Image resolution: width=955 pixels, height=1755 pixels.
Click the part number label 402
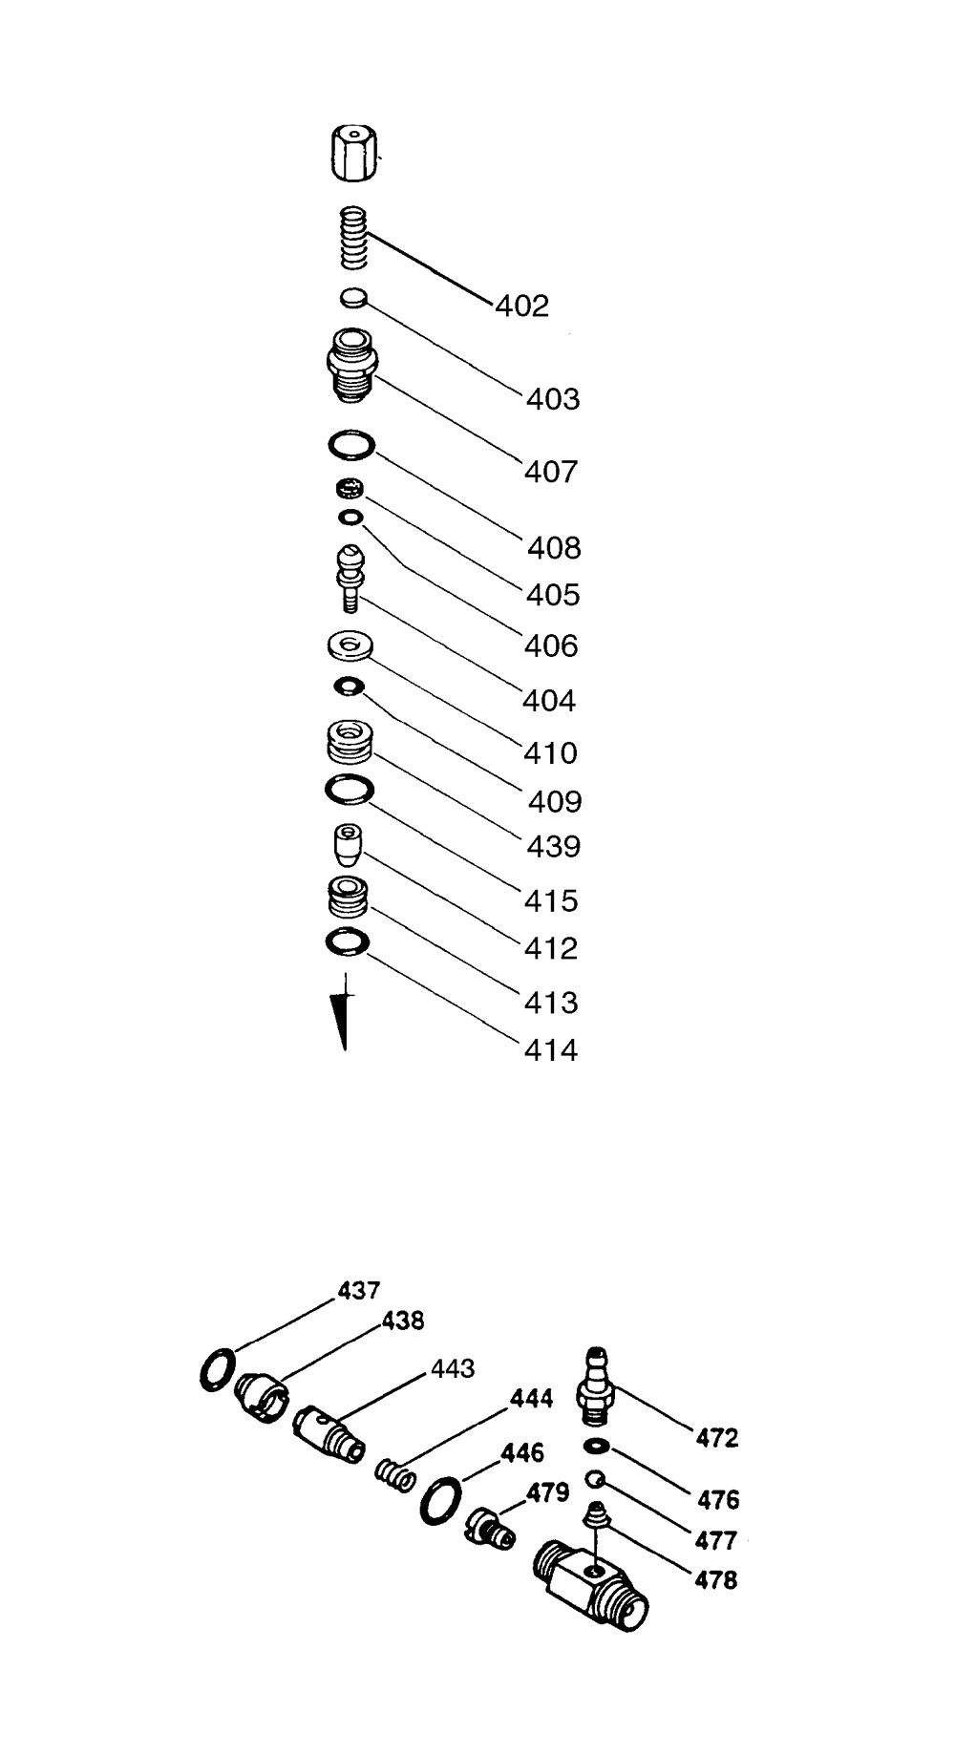pyautogui.click(x=522, y=307)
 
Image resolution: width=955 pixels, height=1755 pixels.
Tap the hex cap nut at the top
pyautogui.click(x=352, y=154)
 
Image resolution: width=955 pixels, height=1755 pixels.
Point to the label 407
pyautogui.click(x=551, y=472)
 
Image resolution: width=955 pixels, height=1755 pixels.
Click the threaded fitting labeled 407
pyautogui.click(x=351, y=367)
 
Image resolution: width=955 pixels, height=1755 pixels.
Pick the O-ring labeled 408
pyautogui.click(x=350, y=445)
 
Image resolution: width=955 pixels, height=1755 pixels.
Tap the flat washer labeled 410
pyautogui.click(x=349, y=646)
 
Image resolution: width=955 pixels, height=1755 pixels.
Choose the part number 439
pyautogui.click(x=554, y=846)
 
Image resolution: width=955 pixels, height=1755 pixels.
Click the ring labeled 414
pyautogui.click(x=348, y=941)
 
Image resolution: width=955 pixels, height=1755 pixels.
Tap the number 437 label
pyautogui.click(x=359, y=1290)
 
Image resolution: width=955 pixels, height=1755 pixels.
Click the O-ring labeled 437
pyautogui.click(x=216, y=1371)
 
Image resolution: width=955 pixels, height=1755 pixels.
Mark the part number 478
pyautogui.click(x=716, y=1580)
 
